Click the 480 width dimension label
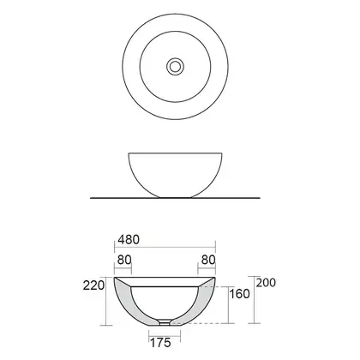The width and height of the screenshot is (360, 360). click(129, 240)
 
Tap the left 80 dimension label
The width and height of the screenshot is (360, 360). click(124, 260)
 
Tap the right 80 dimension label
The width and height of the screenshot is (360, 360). click(208, 260)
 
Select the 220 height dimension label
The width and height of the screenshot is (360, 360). click(93, 285)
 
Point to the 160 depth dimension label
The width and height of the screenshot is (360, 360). click(239, 294)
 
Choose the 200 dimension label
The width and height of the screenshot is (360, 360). click(266, 283)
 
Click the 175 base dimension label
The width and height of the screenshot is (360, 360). click(160, 343)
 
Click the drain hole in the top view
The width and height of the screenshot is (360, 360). click(175, 67)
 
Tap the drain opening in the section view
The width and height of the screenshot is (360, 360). click(165, 322)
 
